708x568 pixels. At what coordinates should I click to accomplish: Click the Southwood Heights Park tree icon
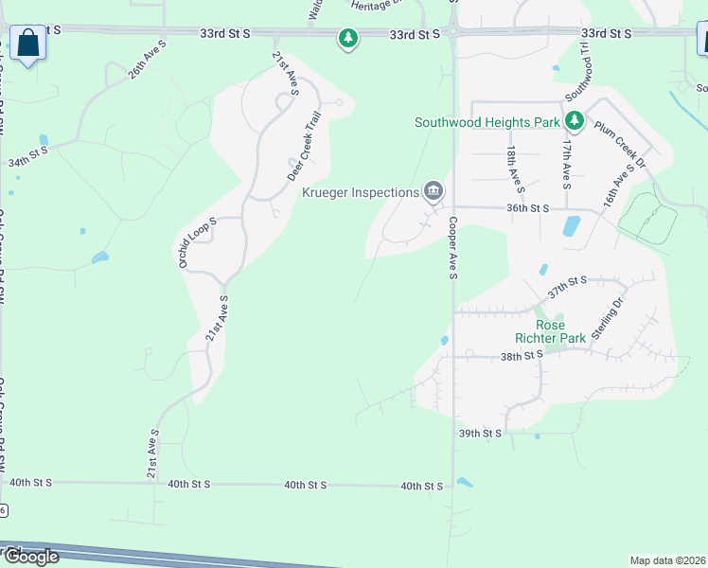click(574, 121)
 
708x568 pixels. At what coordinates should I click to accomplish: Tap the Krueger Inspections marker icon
click(434, 192)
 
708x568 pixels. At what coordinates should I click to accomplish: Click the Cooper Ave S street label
click(453, 248)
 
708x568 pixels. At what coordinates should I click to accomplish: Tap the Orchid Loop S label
click(198, 241)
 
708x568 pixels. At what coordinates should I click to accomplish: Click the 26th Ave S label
click(148, 59)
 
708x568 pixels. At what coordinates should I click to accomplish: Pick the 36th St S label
click(528, 208)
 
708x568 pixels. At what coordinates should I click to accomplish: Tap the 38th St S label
click(522, 356)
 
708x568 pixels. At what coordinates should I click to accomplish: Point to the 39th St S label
click(479, 433)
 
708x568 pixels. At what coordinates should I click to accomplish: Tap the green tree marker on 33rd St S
click(349, 38)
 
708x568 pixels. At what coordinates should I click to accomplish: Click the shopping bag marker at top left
click(27, 43)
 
